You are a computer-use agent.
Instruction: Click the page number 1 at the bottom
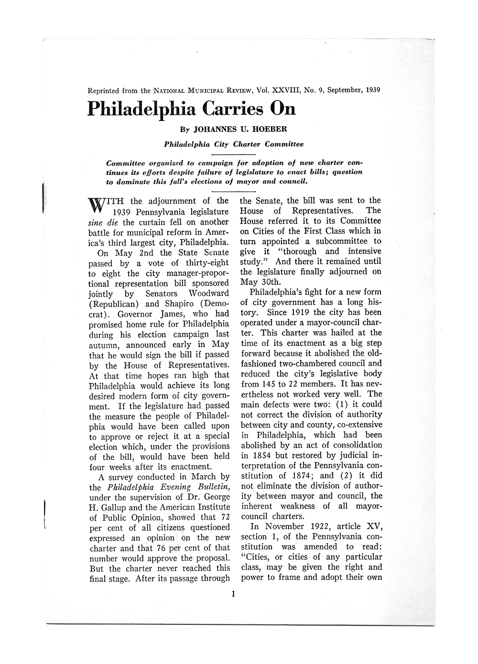(233, 595)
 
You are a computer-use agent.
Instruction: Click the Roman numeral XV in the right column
(374, 526)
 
